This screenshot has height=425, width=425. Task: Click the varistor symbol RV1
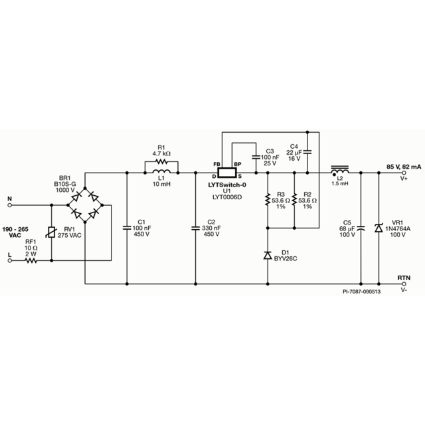click(52, 232)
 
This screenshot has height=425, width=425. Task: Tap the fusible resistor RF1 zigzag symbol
click(31, 260)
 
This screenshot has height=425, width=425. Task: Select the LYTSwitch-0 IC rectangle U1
click(227, 173)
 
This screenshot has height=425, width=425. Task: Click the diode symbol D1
click(268, 255)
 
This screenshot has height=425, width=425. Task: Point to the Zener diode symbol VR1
click(379, 228)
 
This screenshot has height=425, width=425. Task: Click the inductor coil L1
click(161, 171)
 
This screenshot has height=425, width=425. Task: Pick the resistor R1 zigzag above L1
click(161, 162)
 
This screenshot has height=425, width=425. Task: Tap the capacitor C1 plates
click(127, 228)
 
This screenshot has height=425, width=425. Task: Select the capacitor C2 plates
click(195, 228)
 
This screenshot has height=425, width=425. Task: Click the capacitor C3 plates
click(256, 157)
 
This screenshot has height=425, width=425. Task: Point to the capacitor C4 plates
click(307, 152)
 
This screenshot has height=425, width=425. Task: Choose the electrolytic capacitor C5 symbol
click(361, 228)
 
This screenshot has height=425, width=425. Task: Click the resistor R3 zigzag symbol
click(268, 199)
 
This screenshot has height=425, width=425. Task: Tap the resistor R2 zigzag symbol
click(294, 199)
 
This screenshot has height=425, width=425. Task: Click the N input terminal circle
click(10, 205)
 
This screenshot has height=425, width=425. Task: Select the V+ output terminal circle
click(404, 173)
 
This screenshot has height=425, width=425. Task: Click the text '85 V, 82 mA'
click(404, 167)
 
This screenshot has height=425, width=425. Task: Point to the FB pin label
click(216, 164)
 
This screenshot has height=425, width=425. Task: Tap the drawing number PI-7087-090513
click(361, 292)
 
